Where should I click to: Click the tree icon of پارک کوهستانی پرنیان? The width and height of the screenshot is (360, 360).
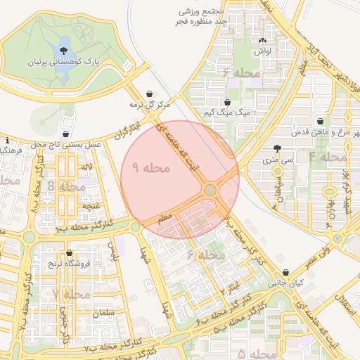(65, 50)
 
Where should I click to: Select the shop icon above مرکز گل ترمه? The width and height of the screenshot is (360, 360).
(150, 94)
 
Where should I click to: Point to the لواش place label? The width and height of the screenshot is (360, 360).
(262, 51)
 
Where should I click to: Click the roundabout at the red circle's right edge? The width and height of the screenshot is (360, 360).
(210, 191)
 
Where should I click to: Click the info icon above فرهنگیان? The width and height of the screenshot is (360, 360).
(7, 139)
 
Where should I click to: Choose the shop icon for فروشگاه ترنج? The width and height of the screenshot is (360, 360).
(68, 253)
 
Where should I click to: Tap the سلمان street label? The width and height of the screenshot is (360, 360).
(103, 312)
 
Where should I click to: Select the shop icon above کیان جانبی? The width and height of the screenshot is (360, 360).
(285, 273)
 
